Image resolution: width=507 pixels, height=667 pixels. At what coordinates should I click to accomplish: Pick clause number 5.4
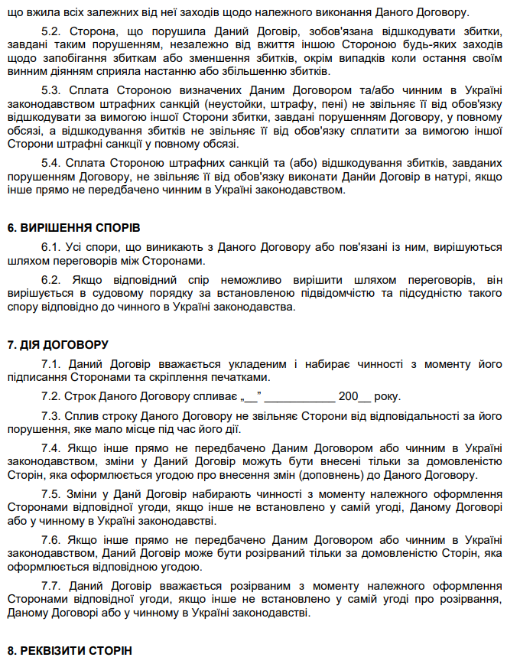(x=50, y=164)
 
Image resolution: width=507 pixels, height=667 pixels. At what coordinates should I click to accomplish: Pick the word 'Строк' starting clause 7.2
(x=79, y=397)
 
